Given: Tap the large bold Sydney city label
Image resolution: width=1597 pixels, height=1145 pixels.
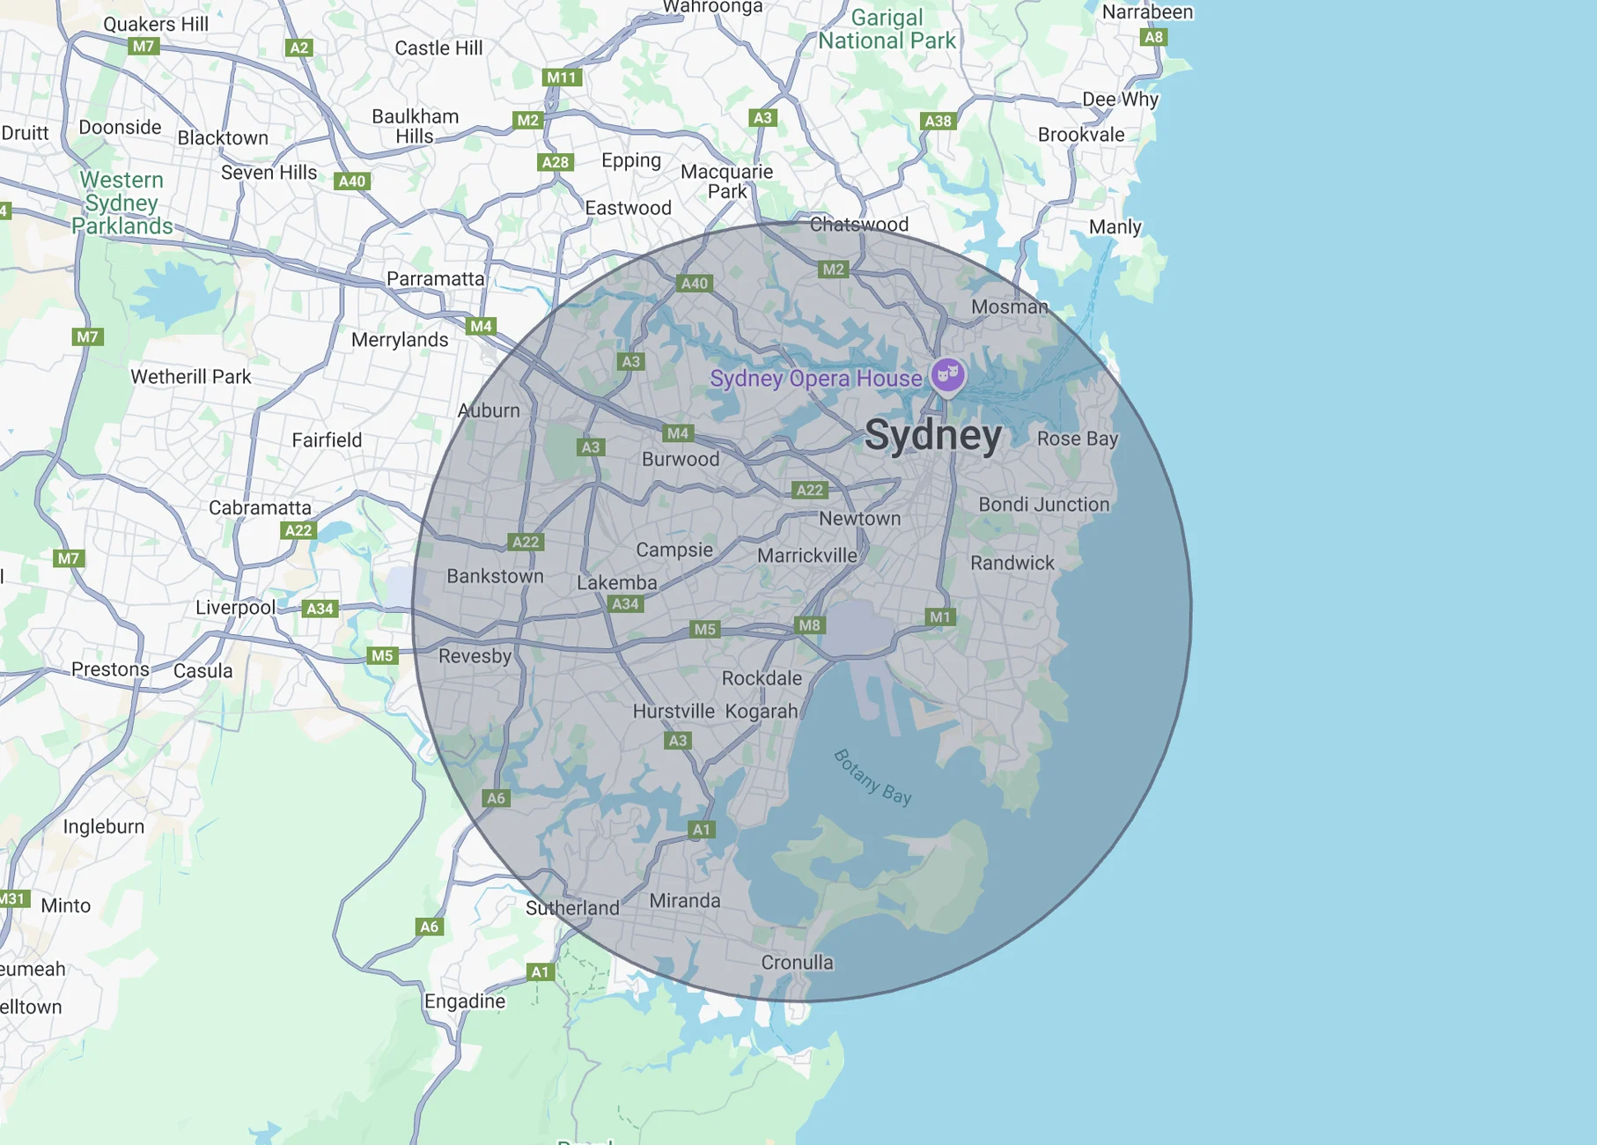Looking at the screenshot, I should [932, 435].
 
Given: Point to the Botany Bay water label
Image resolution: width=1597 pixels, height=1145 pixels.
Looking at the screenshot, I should [872, 777].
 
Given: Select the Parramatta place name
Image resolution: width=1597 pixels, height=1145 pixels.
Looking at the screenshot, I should [435, 279].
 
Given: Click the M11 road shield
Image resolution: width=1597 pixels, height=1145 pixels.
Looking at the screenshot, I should [561, 78].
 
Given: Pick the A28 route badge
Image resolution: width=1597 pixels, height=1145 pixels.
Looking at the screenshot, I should [556, 162].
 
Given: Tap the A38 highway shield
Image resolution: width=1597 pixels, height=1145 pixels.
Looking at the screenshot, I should [938, 122].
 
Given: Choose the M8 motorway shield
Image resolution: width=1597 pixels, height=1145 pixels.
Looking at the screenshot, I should [809, 625].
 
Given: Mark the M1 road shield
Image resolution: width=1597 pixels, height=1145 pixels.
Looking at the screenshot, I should [940, 617].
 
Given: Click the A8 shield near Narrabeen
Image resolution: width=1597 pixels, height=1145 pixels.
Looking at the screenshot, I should [1153, 37].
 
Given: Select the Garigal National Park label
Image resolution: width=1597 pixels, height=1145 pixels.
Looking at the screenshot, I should [887, 30].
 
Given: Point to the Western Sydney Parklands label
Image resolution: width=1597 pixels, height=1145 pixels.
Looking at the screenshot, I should [121, 203].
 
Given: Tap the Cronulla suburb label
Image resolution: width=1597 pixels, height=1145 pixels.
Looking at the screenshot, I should [797, 963].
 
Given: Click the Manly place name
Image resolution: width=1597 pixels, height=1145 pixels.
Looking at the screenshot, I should [1115, 227].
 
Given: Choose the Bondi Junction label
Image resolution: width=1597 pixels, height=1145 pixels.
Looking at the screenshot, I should [1043, 505].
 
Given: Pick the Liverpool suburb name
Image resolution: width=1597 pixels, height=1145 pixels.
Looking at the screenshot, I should [235, 608].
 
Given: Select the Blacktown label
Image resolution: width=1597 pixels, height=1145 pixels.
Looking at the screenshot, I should [223, 138].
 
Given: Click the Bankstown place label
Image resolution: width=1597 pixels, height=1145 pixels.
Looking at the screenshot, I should [495, 576].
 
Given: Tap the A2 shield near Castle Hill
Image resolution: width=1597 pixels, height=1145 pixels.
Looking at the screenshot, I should [299, 48].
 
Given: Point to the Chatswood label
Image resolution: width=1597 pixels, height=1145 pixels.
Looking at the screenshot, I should [858, 225].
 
